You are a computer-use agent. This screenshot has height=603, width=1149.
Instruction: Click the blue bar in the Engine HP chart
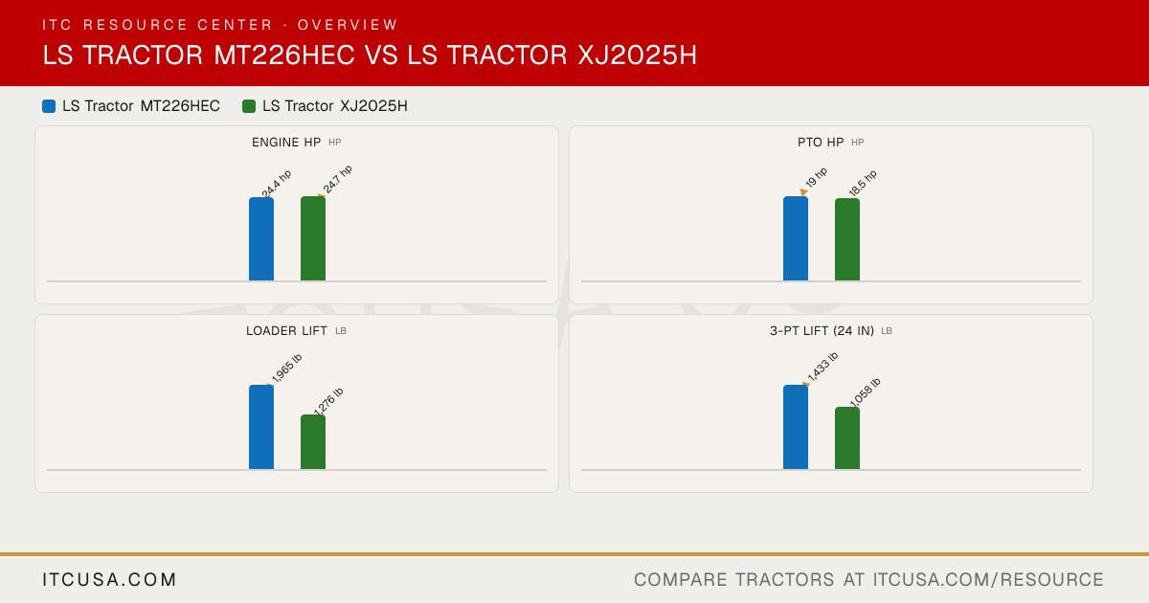pos(261,239)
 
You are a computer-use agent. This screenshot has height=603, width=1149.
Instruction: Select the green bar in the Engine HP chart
pos(313,238)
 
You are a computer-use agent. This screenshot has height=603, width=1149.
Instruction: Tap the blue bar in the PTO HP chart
pos(796,238)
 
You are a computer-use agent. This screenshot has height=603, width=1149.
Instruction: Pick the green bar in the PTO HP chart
pos(847,239)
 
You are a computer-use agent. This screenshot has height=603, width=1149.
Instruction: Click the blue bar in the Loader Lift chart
pos(261,427)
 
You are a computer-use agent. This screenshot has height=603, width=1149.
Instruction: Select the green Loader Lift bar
pos(313,442)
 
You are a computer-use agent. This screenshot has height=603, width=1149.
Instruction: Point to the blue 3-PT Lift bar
pos(796,427)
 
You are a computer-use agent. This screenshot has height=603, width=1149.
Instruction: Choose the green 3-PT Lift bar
pos(847,438)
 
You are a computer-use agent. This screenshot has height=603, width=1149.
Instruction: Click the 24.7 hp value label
pos(337,179)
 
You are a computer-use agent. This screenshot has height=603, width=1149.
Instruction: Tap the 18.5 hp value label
pos(863,183)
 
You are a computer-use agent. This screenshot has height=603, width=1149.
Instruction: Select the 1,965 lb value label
pos(286,368)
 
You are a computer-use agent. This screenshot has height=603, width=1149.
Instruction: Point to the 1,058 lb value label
pos(865,392)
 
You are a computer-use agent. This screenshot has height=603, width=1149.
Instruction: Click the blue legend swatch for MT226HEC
pos(49,106)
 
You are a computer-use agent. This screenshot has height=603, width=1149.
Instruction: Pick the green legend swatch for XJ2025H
pos(249,106)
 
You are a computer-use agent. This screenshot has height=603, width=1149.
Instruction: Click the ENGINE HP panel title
pos(286,142)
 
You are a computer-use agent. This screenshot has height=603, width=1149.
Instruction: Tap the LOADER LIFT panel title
pos(286,331)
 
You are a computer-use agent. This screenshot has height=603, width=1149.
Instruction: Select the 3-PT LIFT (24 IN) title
pos(822,331)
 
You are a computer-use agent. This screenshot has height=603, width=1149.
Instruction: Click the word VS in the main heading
pos(381,55)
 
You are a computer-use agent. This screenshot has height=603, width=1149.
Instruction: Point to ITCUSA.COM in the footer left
pos(109,579)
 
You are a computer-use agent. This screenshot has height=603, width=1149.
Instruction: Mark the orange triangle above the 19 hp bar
pos(803,191)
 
